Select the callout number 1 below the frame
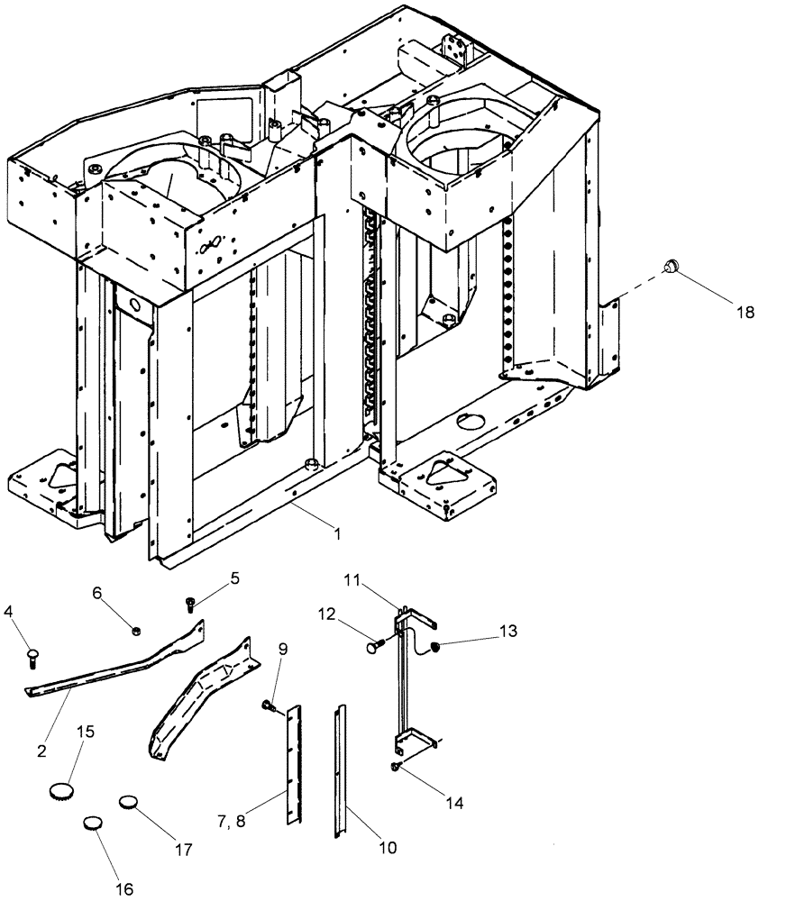pos(336,534)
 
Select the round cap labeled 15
pos(60,791)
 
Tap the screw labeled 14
pos(396,766)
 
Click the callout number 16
pos(123,889)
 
